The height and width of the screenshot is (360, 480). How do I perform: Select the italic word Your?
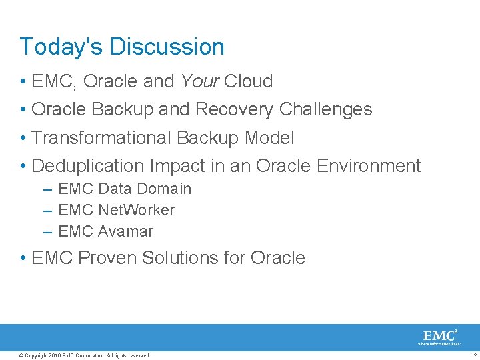coord(199,81)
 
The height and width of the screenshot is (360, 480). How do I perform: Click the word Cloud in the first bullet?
coord(248,81)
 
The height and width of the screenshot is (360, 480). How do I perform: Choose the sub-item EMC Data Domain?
coord(125,189)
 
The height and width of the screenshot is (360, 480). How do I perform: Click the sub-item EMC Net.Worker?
coord(116,210)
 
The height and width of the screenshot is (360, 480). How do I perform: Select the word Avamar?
coord(125,231)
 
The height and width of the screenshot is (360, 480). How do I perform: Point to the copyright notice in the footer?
coord(85,355)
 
